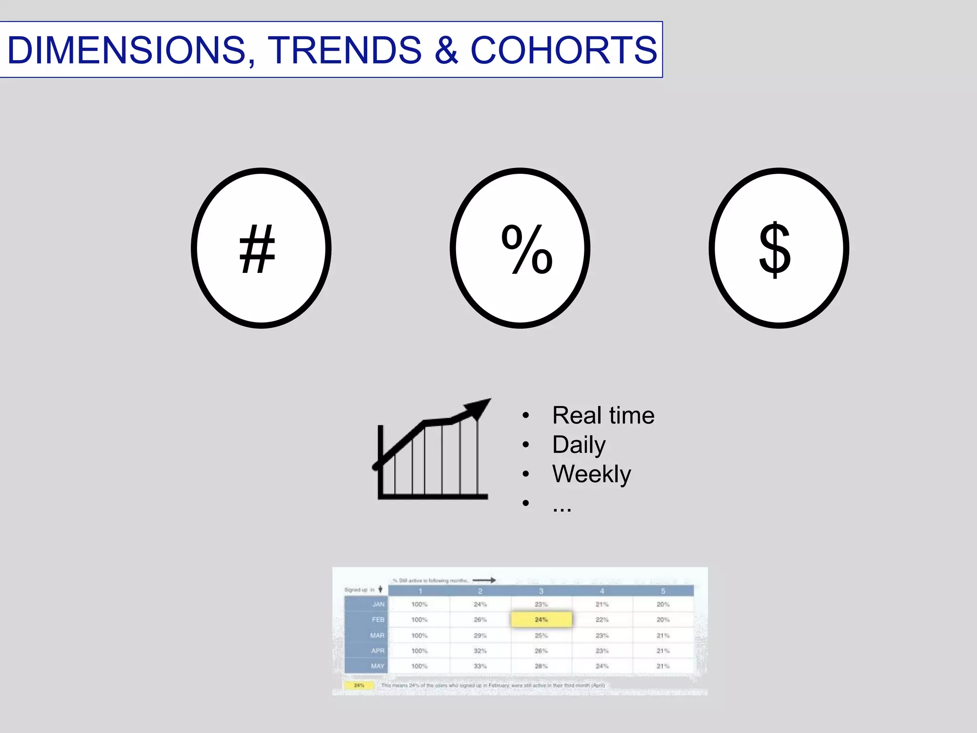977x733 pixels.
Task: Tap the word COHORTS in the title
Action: (x=564, y=50)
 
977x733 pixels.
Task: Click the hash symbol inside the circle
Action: (x=257, y=249)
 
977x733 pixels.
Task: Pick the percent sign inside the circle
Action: (x=527, y=249)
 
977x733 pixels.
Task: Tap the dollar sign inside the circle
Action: (x=775, y=249)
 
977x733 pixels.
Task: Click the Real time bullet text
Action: (x=603, y=415)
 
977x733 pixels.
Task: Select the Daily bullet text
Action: (x=579, y=445)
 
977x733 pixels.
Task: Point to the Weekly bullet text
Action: (x=592, y=474)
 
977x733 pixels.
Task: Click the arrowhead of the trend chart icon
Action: (x=478, y=408)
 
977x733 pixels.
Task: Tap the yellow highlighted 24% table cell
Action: (x=541, y=619)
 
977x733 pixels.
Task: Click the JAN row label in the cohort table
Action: (x=378, y=604)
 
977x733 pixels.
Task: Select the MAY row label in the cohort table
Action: (x=377, y=666)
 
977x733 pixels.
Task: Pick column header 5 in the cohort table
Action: (x=663, y=591)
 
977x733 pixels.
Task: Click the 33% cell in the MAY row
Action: (x=480, y=666)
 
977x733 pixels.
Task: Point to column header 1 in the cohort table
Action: (x=420, y=591)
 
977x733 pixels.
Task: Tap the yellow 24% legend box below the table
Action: (x=359, y=685)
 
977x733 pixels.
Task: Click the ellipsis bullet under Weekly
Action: (x=562, y=507)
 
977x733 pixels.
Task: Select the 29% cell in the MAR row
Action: (x=480, y=635)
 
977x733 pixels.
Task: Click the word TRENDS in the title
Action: (x=344, y=50)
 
